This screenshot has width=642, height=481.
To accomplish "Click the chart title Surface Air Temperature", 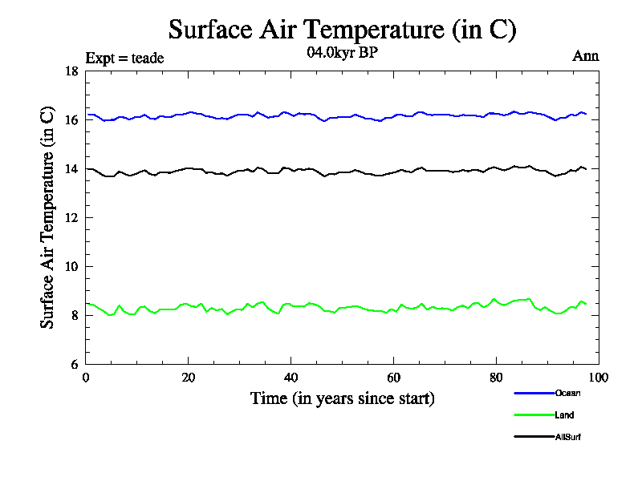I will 343,30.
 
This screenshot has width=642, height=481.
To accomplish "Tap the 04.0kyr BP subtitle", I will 343,54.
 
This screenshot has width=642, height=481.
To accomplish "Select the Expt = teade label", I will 124,58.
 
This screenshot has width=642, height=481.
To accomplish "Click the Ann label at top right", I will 585,56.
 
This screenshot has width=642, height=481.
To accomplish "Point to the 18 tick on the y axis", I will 71,71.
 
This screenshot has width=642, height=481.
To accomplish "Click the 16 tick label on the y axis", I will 71,120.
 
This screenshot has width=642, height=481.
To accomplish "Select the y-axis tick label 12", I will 71,218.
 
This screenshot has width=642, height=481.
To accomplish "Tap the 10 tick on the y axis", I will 71,267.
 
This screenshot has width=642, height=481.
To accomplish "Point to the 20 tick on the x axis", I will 189,378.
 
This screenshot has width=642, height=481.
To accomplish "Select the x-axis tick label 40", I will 291,378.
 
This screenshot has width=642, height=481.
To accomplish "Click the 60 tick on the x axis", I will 394,378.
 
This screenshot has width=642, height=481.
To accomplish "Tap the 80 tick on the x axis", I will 497,378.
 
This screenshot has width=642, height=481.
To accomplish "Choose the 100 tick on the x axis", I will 598,378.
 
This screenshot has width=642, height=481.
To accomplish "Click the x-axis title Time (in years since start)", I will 343,398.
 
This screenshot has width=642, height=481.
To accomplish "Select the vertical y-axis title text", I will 48,217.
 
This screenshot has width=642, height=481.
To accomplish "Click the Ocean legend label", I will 567,393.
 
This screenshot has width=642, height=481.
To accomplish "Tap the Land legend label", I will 564,415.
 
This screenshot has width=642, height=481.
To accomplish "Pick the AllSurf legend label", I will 567,437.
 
